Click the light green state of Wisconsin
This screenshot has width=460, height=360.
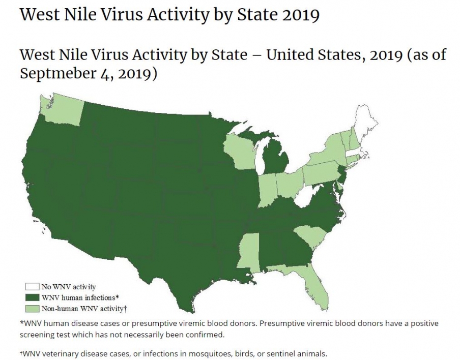240,150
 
